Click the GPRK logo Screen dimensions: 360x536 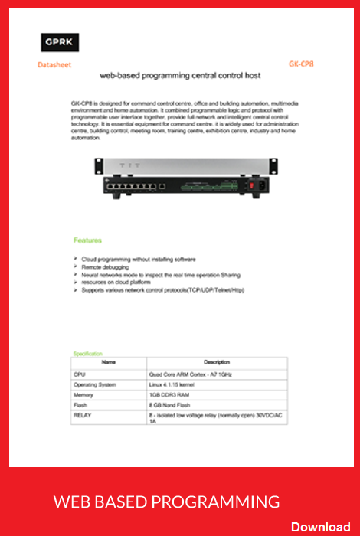(61, 42)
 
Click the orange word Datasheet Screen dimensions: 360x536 (54, 65)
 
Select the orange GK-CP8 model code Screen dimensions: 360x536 (301, 65)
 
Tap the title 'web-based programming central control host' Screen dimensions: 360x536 (180, 76)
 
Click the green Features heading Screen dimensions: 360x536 (87, 240)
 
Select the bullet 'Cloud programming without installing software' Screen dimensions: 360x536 (139, 260)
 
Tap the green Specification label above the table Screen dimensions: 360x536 (87, 354)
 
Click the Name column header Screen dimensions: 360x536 (109, 362)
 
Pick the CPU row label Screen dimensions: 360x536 (79, 374)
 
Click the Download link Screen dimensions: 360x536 (320, 526)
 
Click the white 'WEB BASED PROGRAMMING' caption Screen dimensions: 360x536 (166, 502)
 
